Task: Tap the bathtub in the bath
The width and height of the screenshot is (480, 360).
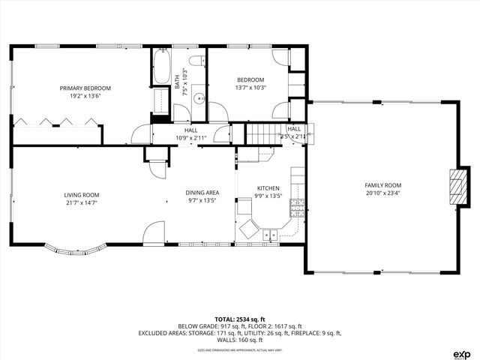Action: (161, 68)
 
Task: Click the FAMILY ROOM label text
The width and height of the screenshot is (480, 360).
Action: (383, 185)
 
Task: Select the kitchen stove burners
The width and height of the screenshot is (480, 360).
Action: (298, 207)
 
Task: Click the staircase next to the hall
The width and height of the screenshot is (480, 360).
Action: (262, 135)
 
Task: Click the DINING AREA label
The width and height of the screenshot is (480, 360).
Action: (202, 193)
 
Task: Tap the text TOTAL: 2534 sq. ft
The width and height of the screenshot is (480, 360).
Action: (239, 319)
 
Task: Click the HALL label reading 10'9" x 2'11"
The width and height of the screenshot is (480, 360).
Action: (190, 133)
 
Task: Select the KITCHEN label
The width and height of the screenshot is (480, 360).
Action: (268, 188)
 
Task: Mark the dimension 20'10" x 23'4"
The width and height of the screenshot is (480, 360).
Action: (383, 193)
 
